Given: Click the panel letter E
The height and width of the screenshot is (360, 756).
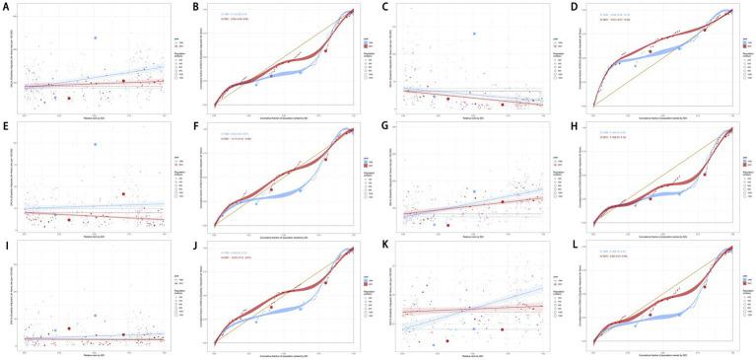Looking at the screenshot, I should point(6,126).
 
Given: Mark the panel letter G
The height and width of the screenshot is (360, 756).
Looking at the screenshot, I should point(383,126).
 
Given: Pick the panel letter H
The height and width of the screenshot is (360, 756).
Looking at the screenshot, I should point(573,126).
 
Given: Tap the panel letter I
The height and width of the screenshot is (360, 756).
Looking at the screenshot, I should point(6,246).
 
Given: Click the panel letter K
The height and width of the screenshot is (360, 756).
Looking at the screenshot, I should point(383,246).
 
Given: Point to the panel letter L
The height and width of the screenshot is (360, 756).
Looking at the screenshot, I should point(573,246).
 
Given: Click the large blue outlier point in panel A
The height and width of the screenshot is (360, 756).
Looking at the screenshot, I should point(96,37).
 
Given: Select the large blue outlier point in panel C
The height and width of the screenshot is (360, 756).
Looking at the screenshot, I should point(474,34).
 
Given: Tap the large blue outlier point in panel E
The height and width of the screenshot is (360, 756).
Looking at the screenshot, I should point(96,145).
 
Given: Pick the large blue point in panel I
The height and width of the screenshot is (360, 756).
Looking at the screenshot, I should point(96,315).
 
